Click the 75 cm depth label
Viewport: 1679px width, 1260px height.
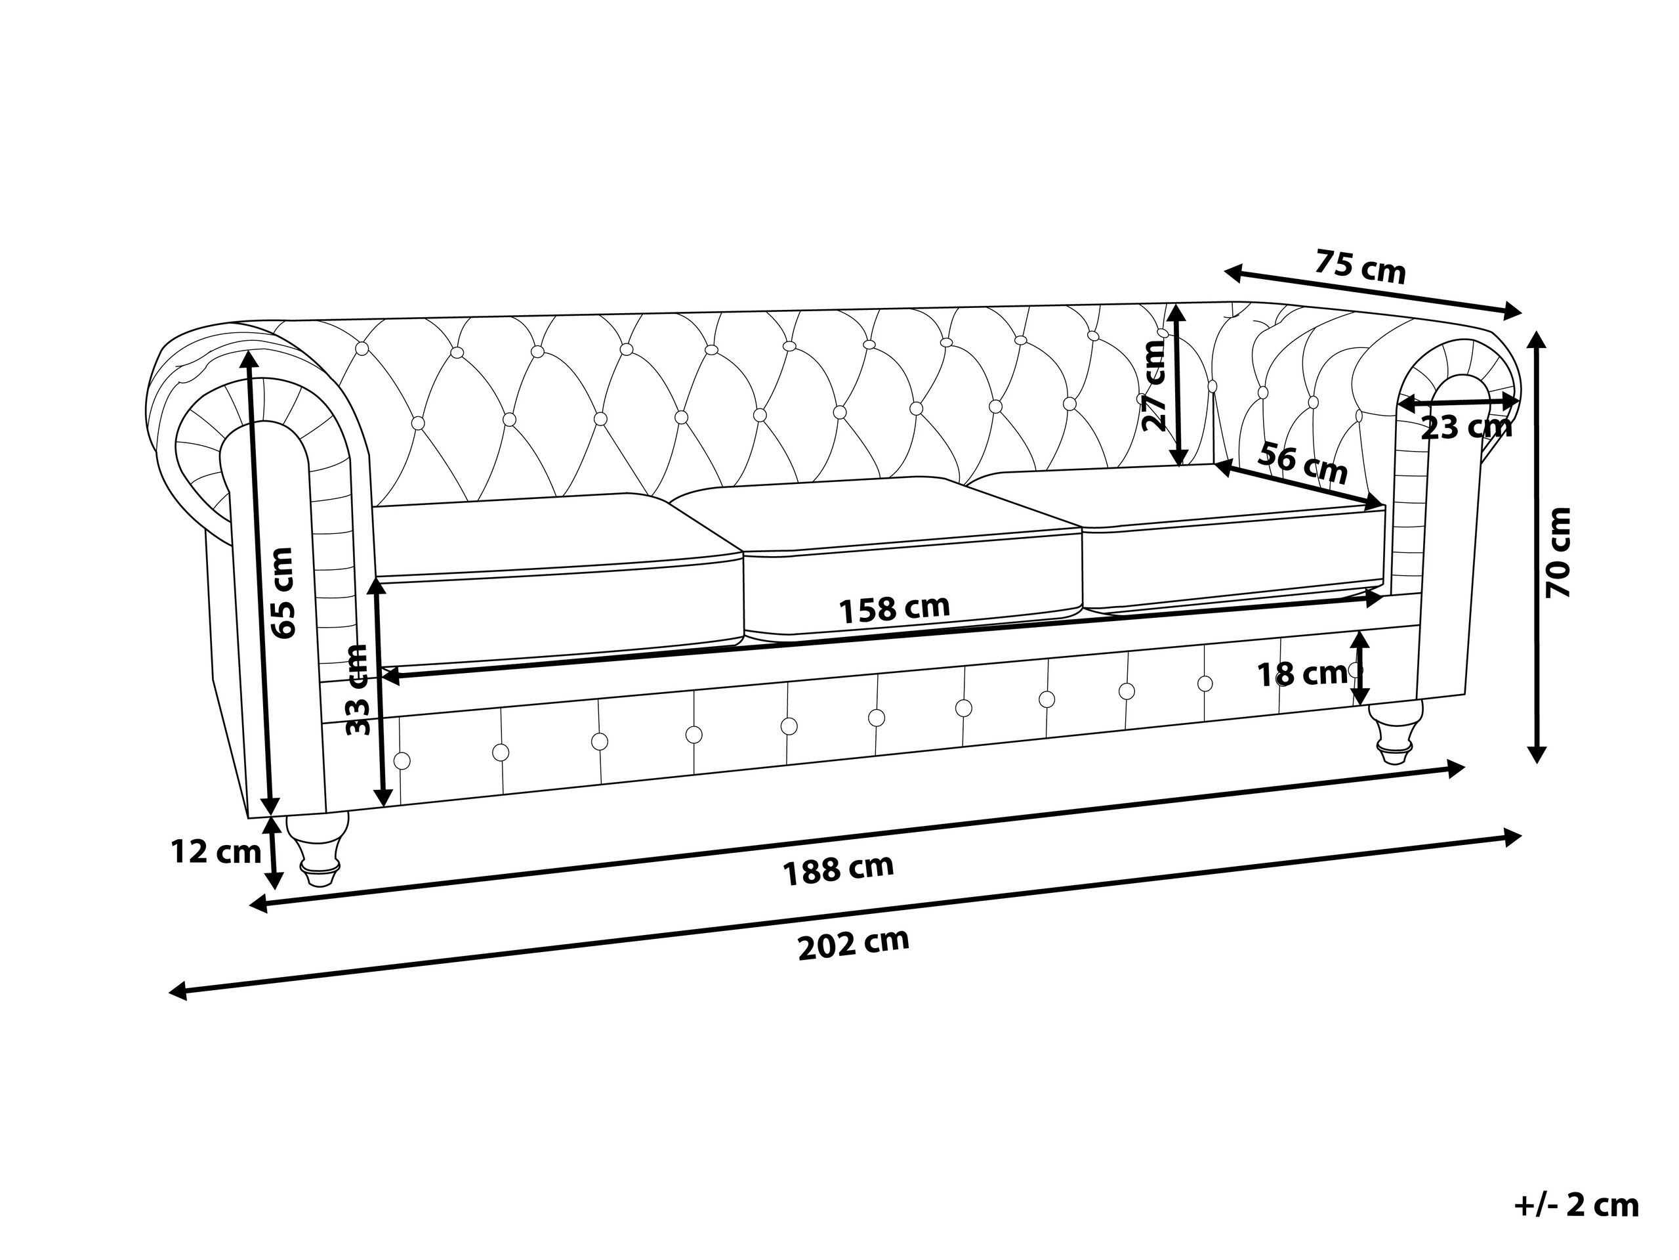click(1360, 267)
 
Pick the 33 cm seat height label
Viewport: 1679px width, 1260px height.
click(357, 689)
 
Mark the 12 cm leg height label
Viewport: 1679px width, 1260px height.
click(216, 852)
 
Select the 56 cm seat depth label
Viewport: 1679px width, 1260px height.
click(1302, 464)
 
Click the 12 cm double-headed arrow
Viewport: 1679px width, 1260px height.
click(273, 852)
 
